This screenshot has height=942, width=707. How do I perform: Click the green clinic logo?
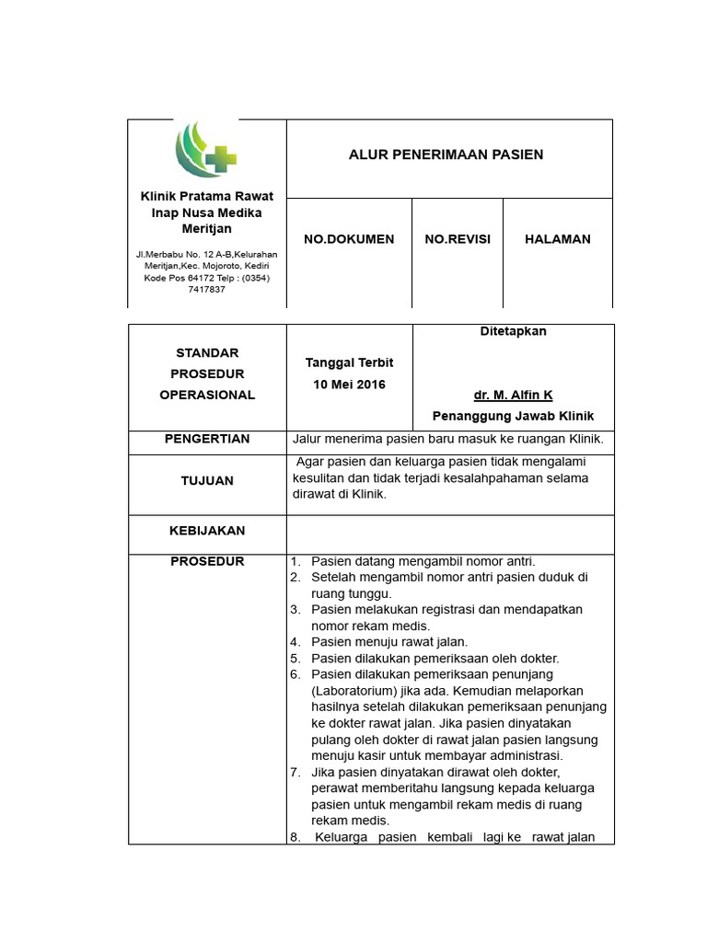[x=206, y=151]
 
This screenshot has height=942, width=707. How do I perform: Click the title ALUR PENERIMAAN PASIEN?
[x=446, y=155]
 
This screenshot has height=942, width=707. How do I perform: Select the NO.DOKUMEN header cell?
[x=349, y=239]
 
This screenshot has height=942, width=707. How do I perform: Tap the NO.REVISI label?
[x=458, y=239]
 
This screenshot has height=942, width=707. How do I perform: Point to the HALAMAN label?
[x=558, y=239]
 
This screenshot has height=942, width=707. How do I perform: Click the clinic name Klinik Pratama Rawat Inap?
[x=206, y=204]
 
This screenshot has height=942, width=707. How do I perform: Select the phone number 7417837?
[x=206, y=289]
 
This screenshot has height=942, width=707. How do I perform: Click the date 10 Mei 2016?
[x=349, y=384]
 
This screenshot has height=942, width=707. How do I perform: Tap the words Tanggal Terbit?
[x=349, y=362]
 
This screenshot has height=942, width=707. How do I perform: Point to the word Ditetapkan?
[x=514, y=331]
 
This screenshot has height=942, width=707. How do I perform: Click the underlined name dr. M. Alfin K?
[x=513, y=395]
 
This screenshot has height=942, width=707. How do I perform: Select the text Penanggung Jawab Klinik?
[x=513, y=416]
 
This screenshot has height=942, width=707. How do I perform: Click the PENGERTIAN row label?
[x=207, y=440]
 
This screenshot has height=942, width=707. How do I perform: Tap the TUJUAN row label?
[x=207, y=481]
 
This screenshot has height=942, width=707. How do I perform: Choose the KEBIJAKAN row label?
[x=207, y=531]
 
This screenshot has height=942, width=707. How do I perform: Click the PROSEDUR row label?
[x=207, y=562]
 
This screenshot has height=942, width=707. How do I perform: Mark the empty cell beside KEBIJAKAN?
[x=450, y=534]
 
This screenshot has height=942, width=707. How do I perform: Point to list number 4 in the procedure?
[x=296, y=642]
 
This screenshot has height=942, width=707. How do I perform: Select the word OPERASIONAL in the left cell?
[x=207, y=395]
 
